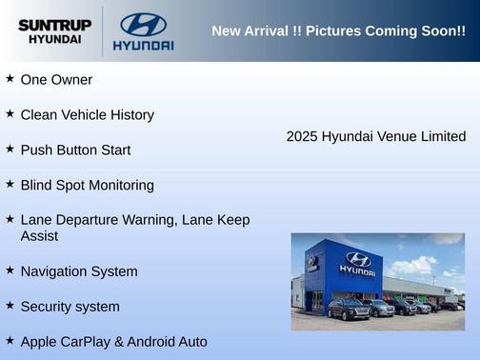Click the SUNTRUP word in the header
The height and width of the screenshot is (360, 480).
coord(54,25)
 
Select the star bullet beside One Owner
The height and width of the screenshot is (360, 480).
coord(10,78)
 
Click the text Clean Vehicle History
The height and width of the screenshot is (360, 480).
coord(87,115)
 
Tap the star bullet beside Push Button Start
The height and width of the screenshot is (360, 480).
coord(10,149)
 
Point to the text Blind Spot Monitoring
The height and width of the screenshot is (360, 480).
coord(87,185)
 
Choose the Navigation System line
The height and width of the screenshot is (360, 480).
coord(79,271)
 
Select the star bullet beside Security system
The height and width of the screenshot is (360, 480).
coord(10,305)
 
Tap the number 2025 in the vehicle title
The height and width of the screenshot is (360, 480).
coord(302,137)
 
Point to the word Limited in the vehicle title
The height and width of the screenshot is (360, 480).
coord(442,137)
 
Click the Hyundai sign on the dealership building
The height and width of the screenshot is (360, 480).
coord(357,264)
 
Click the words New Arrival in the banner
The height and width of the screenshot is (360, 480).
coord(249,31)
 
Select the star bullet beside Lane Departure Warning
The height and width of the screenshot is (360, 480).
coord(10,218)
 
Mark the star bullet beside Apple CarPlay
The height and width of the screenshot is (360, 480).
coord(10,340)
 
